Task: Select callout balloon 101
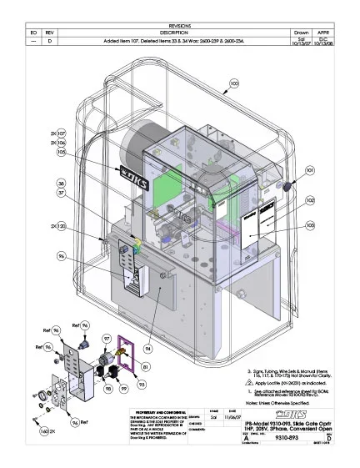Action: pos(310,170)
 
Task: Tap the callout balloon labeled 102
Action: pos(310,201)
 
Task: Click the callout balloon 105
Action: pos(61,153)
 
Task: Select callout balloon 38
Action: pos(61,182)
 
